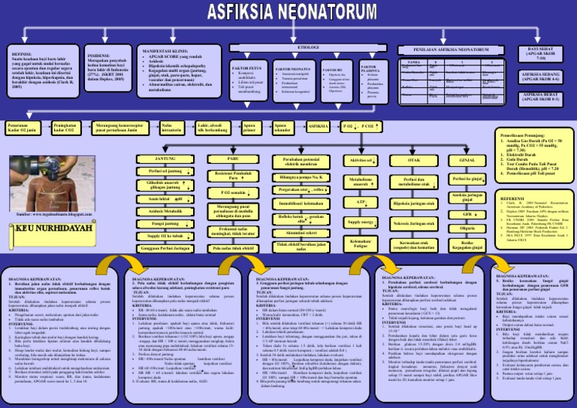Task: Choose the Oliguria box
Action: click(467, 228)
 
